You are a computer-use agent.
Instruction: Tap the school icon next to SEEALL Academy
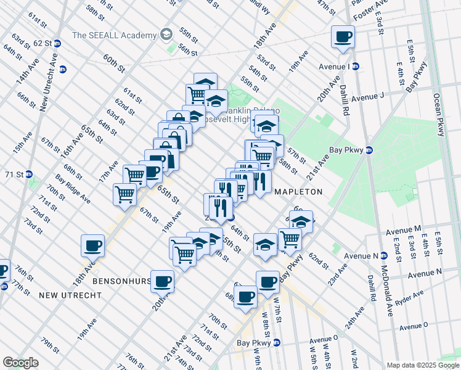click(x=165, y=34)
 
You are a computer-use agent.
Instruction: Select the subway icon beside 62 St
click(x=57, y=43)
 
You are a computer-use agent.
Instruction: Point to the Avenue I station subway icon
click(x=356, y=67)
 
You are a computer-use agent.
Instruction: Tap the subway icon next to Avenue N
click(x=383, y=255)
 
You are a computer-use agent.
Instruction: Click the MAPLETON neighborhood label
click(x=298, y=192)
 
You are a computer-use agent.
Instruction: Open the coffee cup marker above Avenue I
click(x=343, y=36)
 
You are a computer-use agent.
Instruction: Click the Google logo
click(x=20, y=363)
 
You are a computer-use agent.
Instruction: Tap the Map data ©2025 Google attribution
click(x=422, y=365)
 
